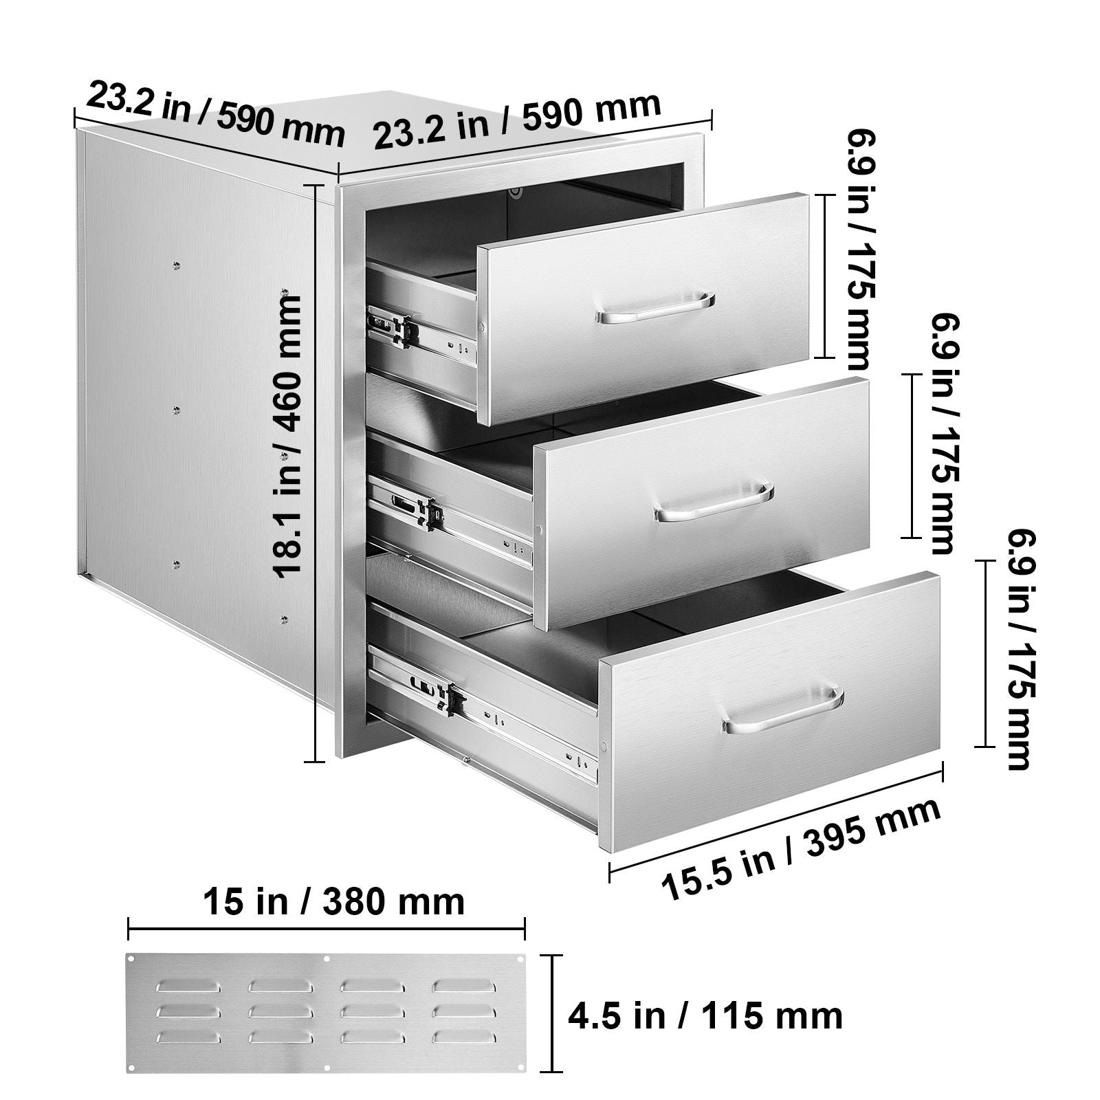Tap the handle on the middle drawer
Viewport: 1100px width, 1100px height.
pyautogui.click(x=714, y=502)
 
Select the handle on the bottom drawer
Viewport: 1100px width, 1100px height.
pyautogui.click(x=783, y=708)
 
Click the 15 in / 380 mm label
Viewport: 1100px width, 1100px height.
pyautogui.click(x=333, y=901)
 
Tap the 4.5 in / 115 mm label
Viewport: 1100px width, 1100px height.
pyautogui.click(x=705, y=1015)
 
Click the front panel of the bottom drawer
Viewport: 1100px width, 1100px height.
pyautogui.click(x=770, y=710)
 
